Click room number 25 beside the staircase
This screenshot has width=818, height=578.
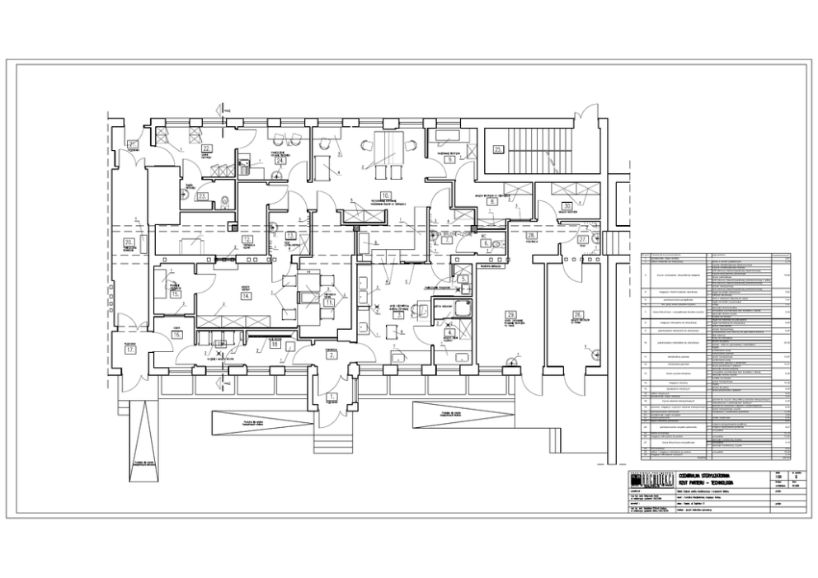[x=498, y=149]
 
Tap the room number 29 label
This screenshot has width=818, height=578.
[x=511, y=316]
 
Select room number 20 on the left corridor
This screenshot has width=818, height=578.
[x=129, y=244]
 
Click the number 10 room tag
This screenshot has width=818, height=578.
[x=364, y=195]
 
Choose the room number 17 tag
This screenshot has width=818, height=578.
[x=130, y=349]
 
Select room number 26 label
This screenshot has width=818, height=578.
[x=578, y=313]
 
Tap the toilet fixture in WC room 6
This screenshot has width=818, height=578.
[x=499, y=243]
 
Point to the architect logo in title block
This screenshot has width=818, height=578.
[x=645, y=482]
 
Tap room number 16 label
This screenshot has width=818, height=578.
[x=176, y=336]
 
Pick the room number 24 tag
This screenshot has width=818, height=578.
[x=280, y=162]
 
